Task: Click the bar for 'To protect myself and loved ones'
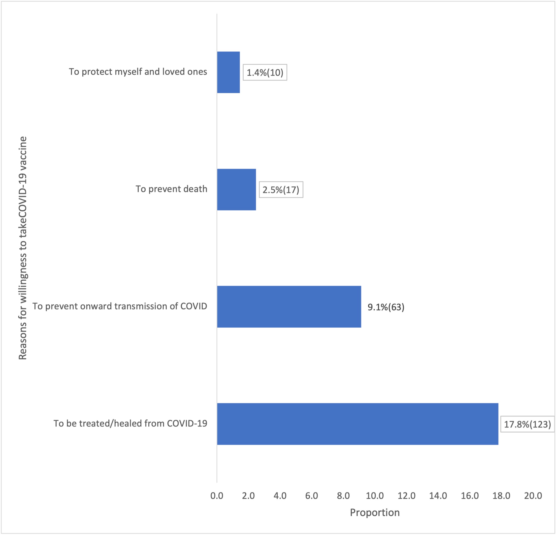228,72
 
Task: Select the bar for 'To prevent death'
236,190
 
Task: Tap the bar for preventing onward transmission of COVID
289,306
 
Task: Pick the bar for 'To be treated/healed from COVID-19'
358,424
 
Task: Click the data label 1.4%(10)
265,73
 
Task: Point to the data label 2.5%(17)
281,190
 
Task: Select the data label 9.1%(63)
386,307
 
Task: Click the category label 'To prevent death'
171,189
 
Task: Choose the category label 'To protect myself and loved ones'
138,72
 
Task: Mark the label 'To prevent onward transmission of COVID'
120,306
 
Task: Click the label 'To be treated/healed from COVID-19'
131,423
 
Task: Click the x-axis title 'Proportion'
375,512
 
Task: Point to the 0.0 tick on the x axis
217,496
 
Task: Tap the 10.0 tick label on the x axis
375,496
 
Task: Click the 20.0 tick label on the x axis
533,496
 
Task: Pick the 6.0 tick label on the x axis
311,496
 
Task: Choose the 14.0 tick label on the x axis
438,496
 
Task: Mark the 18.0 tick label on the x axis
501,496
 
